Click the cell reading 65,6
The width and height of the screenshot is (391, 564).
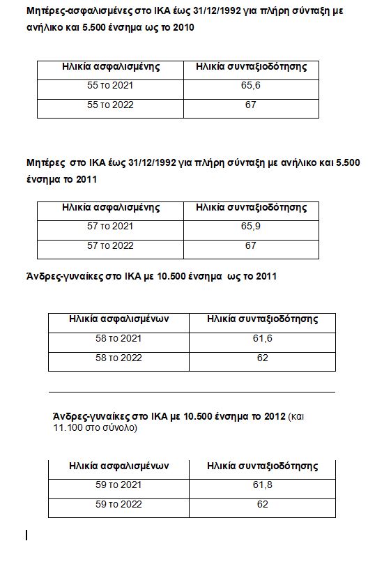click(x=251, y=86)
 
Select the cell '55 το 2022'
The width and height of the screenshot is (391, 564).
click(x=110, y=105)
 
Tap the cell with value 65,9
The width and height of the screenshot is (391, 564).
click(x=251, y=227)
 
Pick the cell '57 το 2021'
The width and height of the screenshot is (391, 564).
click(x=110, y=227)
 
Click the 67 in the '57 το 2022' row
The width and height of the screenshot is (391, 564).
click(x=251, y=245)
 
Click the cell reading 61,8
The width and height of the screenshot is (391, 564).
click(x=262, y=485)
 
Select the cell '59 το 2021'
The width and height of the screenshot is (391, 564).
click(x=118, y=485)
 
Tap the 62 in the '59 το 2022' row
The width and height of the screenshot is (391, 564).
click(x=262, y=504)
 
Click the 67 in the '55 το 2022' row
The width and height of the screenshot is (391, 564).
click(x=251, y=105)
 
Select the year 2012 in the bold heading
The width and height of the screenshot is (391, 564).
click(x=273, y=416)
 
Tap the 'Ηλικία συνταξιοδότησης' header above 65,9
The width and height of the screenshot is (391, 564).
click(x=251, y=208)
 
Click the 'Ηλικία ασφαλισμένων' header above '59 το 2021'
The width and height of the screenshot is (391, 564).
click(x=118, y=466)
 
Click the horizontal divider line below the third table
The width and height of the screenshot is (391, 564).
click(x=192, y=392)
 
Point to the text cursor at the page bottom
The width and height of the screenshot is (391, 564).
click(x=26, y=535)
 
